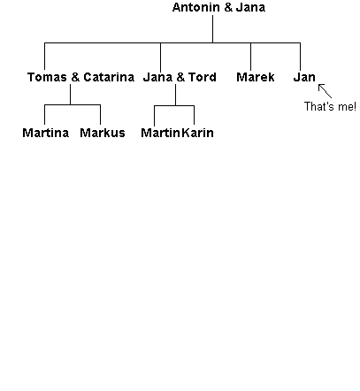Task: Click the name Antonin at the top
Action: (x=195, y=7)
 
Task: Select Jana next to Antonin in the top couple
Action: (x=250, y=7)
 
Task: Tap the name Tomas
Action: (x=47, y=77)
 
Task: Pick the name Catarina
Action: (x=109, y=77)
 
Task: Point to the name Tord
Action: (x=203, y=77)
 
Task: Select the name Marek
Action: (x=256, y=77)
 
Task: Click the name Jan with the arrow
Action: (x=304, y=77)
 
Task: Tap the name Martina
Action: (x=46, y=133)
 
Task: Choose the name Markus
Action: (x=103, y=133)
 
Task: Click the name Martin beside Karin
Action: (x=160, y=133)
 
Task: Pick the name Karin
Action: (x=197, y=133)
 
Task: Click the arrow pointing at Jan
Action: (x=325, y=91)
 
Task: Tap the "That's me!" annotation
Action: (x=330, y=106)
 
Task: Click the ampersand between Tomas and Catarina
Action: (x=75, y=77)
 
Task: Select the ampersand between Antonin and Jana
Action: (x=228, y=7)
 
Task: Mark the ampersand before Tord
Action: (x=180, y=77)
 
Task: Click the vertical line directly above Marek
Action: (x=251, y=57)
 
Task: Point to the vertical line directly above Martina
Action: (x=44, y=114)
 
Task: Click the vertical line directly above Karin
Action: (x=194, y=115)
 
